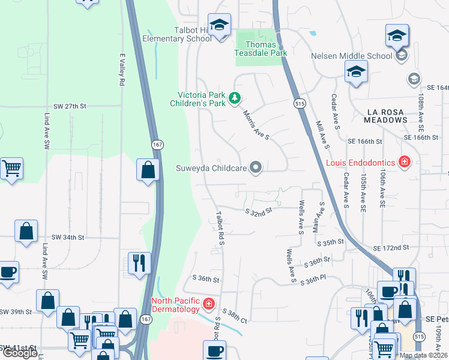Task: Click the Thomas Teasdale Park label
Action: tap(261, 49)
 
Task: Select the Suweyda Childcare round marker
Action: tap(256, 168)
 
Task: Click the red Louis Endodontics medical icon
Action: tap(405, 162)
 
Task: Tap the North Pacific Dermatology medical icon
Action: tap(209, 304)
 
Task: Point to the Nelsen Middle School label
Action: tap(351, 56)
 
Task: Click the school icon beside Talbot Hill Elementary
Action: tap(220, 27)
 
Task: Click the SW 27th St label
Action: tap(70, 106)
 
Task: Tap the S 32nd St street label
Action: tap(259, 211)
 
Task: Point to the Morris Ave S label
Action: tap(256, 124)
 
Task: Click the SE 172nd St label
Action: tap(390, 247)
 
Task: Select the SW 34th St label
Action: tap(68, 238)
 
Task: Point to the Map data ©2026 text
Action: tap(423, 355)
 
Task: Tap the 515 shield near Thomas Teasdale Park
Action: tap(298, 104)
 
